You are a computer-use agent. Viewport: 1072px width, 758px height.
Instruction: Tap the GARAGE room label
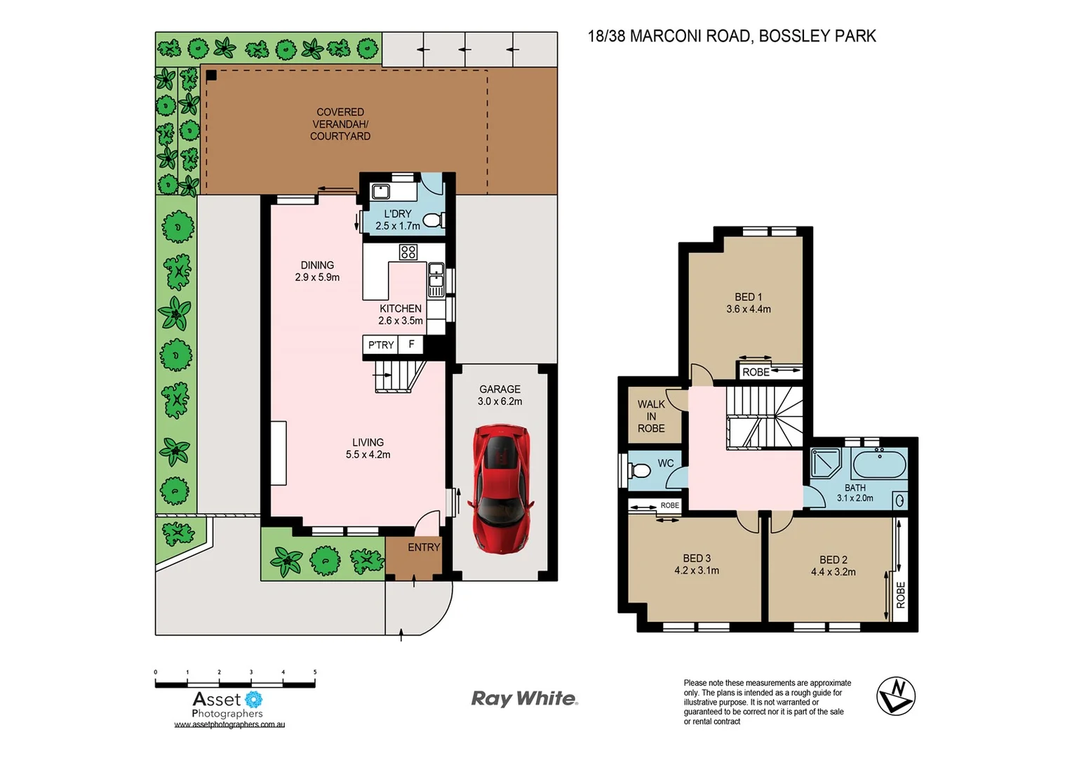click(x=500, y=390)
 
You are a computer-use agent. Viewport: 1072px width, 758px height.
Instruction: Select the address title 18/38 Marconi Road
click(x=731, y=36)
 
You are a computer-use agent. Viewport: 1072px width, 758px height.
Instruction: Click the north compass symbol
click(x=896, y=696)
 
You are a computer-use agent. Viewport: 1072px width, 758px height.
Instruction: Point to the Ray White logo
click(x=524, y=698)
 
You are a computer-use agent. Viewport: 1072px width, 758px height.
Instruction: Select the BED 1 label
click(x=748, y=298)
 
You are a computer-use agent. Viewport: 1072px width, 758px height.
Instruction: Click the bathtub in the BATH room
click(x=878, y=464)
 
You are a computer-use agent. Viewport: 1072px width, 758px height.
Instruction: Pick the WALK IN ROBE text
click(x=651, y=416)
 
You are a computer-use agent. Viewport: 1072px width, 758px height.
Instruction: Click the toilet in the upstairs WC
click(x=639, y=470)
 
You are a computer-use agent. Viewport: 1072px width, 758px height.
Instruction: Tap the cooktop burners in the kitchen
click(x=408, y=251)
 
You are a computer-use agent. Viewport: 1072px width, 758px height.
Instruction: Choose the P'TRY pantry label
click(x=381, y=345)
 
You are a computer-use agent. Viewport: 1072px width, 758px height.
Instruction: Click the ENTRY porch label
click(x=424, y=547)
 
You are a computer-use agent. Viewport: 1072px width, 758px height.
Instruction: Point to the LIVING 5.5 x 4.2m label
click(x=368, y=448)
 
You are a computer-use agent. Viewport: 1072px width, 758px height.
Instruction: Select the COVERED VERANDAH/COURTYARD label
click(x=340, y=124)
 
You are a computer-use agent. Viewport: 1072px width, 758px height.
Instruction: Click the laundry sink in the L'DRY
click(x=381, y=191)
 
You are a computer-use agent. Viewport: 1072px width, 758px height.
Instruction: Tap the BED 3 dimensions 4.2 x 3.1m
click(x=697, y=571)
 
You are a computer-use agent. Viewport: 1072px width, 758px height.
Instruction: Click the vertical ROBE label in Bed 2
click(x=901, y=595)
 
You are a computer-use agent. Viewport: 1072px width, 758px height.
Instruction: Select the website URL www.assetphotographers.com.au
click(x=229, y=724)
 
